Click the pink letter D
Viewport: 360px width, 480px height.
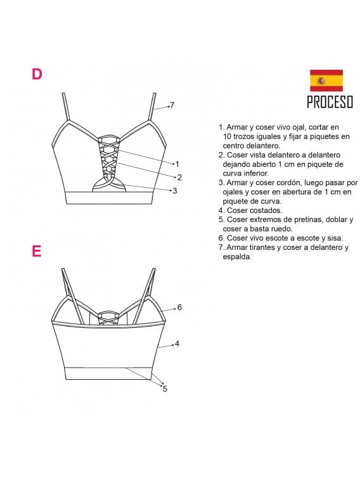point(37,74)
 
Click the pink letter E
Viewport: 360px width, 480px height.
point(36,251)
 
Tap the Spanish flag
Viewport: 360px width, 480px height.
point(326,81)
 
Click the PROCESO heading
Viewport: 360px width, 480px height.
point(330,102)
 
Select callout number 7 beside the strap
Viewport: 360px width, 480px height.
point(172,105)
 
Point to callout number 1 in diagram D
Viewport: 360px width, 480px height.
point(177,164)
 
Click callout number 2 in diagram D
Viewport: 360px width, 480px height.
point(179,178)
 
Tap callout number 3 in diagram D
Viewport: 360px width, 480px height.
point(175,191)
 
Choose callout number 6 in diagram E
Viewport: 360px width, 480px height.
point(179,307)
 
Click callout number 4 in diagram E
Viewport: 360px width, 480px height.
point(177,344)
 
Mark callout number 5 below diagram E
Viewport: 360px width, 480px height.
point(165,389)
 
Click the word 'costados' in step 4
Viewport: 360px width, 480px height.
point(266,211)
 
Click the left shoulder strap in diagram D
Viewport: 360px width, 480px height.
point(66,107)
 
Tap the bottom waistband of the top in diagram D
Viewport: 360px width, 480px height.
point(109,198)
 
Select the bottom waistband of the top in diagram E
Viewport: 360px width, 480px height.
point(108,373)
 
